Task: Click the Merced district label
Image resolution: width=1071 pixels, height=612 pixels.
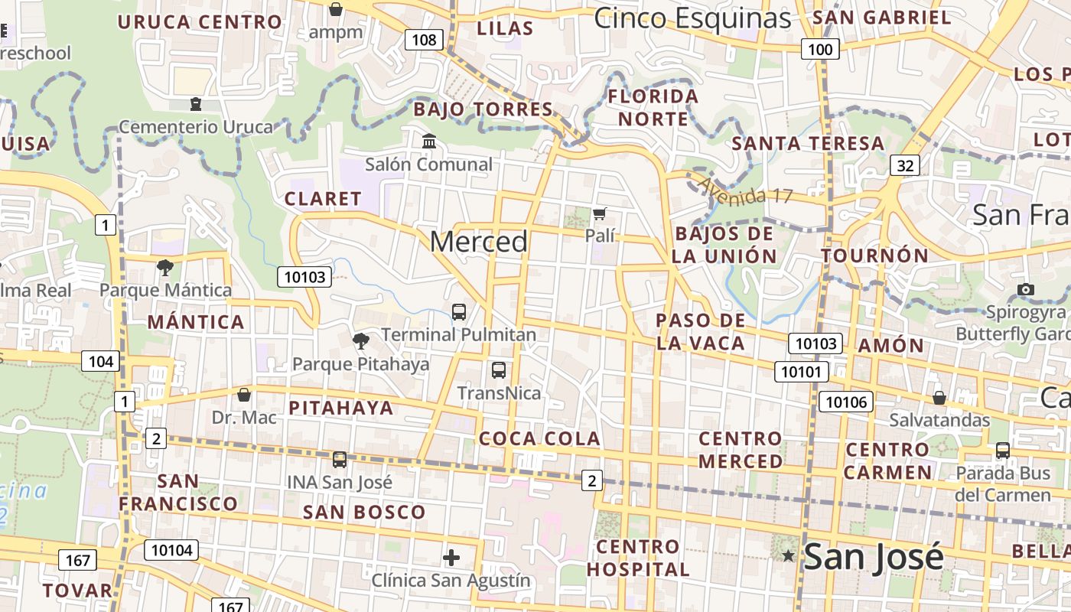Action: coord(479,242)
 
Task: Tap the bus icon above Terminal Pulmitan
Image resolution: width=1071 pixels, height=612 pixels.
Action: coord(459,311)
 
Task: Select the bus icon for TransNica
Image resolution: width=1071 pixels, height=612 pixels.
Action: coord(499,370)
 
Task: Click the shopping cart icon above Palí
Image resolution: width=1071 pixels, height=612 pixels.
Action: coord(600,213)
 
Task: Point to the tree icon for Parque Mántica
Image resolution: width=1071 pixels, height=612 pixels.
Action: coord(164,267)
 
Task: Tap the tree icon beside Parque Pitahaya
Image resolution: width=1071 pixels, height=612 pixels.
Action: coord(360,341)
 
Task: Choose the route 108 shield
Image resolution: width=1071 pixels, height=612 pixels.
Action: coord(424,40)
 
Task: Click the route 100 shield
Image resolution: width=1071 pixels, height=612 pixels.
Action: coord(820,50)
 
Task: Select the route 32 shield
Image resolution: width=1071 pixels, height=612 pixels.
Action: coord(905,164)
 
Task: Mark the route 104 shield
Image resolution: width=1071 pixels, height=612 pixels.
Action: coord(100,361)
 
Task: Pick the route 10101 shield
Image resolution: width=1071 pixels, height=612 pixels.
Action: coord(802,372)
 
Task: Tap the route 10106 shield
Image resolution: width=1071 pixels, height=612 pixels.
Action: coord(845,401)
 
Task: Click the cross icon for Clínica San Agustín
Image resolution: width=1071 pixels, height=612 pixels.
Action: coord(451,557)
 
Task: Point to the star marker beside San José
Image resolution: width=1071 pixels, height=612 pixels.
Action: coord(788,556)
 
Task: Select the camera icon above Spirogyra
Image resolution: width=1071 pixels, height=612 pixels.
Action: coord(1026,289)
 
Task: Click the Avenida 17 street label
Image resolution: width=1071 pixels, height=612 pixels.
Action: coord(744,190)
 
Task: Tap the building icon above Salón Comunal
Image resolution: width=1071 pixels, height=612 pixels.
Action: coord(429,142)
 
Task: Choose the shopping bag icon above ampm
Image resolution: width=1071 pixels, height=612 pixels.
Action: coord(335,10)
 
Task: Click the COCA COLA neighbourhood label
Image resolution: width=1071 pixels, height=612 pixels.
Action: coord(539,438)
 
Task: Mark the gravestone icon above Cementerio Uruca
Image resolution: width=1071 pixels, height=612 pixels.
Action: coord(196,103)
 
